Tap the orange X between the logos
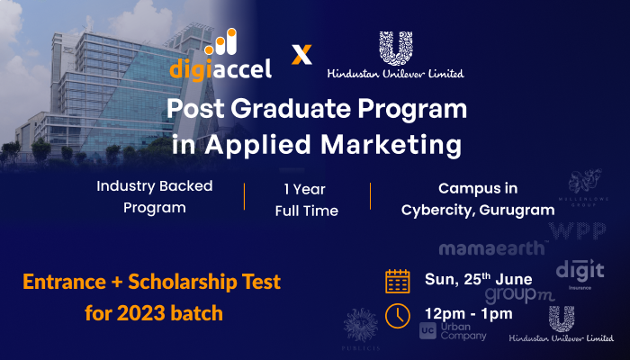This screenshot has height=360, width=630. [303, 55]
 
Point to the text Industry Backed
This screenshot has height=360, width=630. [155, 188]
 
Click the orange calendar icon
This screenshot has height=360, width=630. [397, 280]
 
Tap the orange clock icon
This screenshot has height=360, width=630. [397, 315]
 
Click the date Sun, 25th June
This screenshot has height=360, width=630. [479, 279]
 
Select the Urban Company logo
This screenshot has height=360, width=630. [453, 330]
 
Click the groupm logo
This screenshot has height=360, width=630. [519, 294]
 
